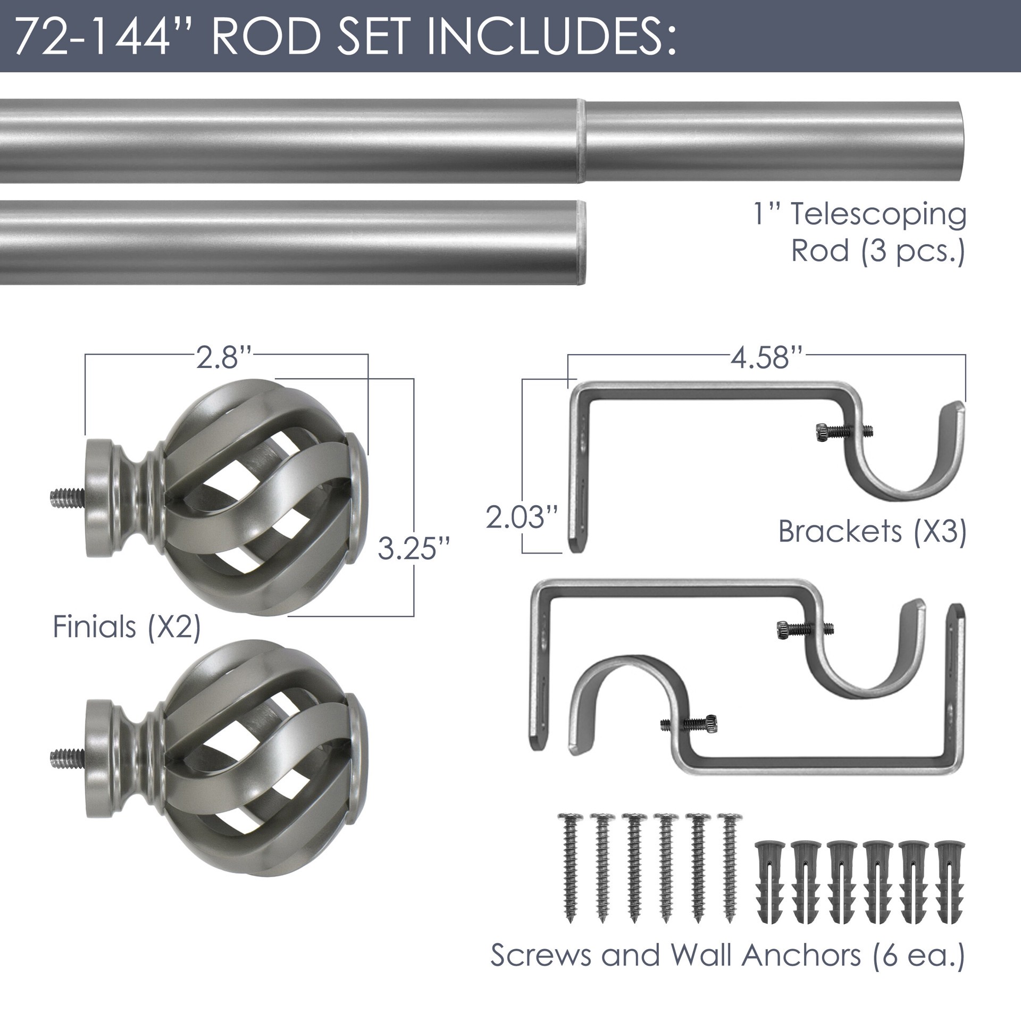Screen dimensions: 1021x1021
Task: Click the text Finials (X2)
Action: coord(127,627)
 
